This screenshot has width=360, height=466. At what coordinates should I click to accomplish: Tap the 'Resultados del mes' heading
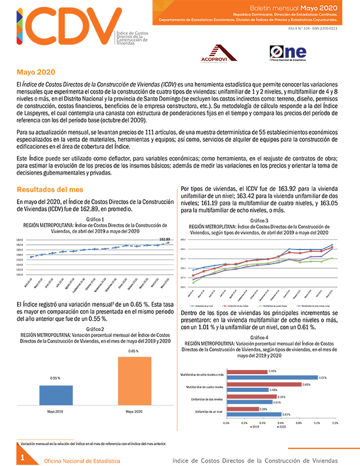(49, 190)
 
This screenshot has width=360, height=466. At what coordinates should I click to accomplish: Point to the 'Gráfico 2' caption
(95, 329)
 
